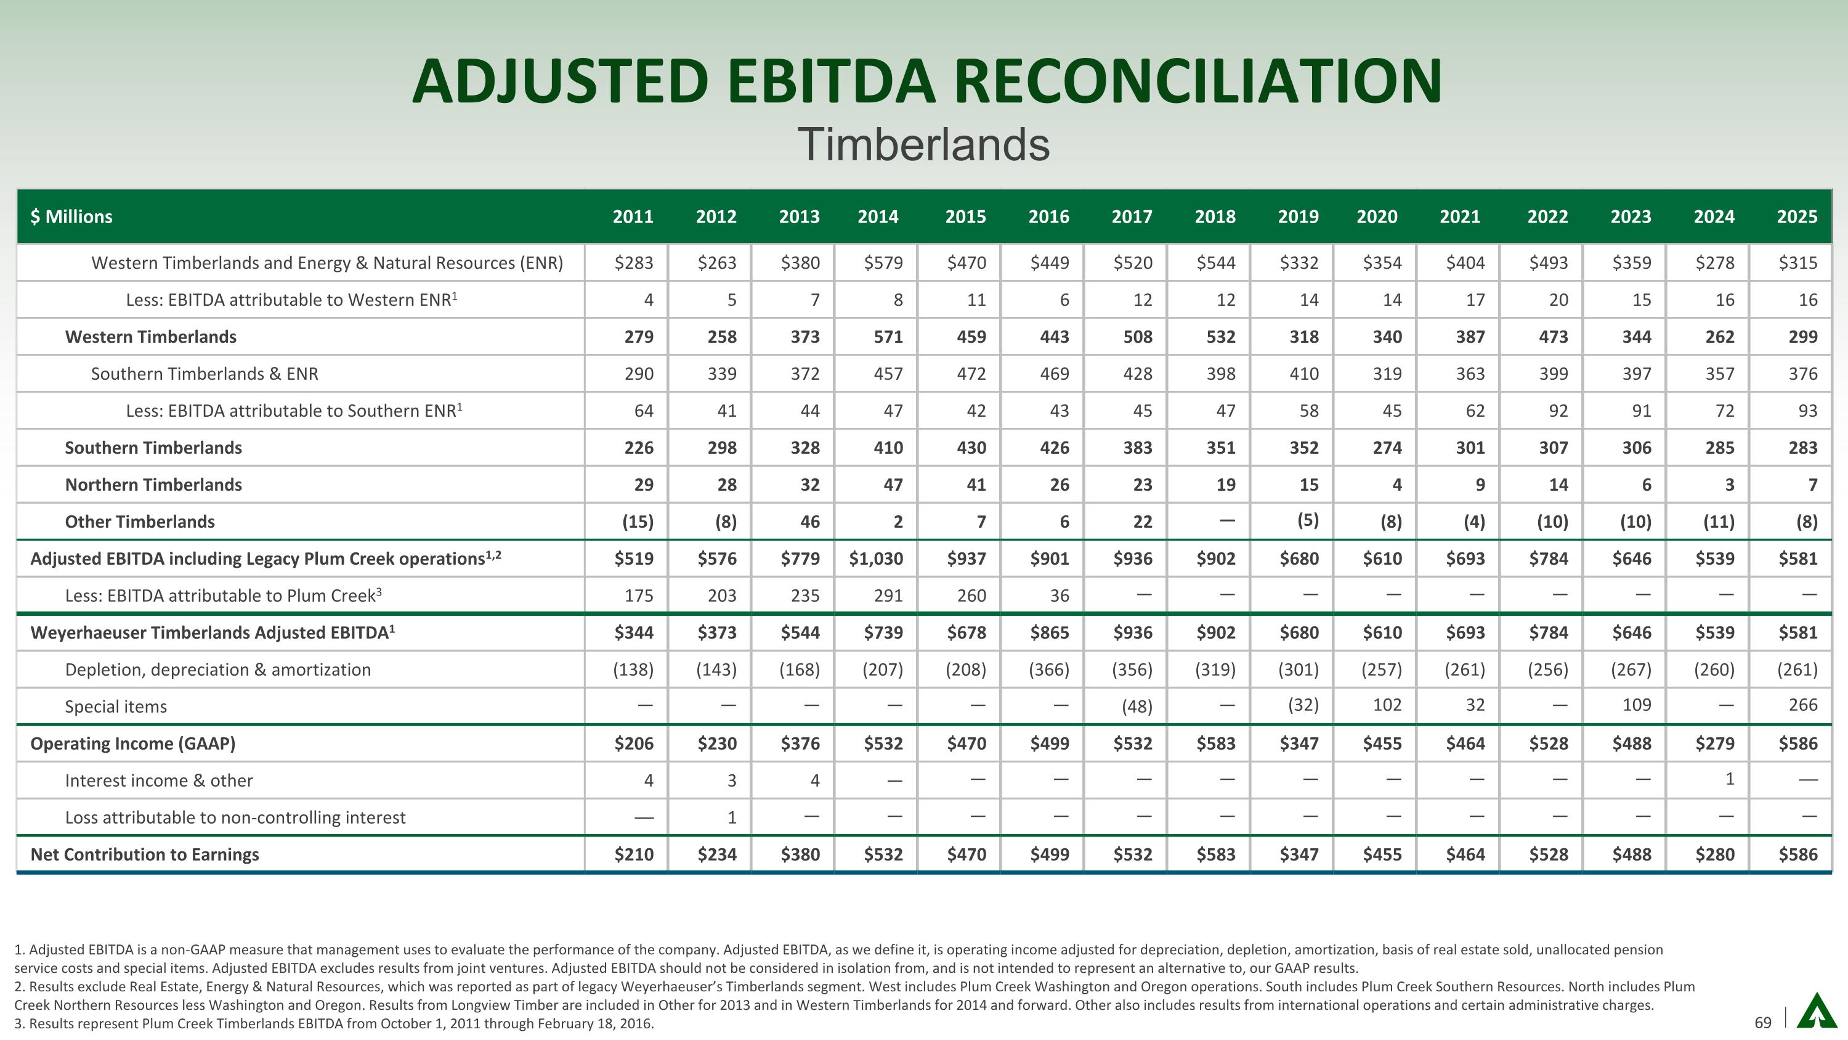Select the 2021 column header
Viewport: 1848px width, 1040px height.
pyautogui.click(x=1459, y=217)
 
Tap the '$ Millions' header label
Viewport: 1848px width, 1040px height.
pyautogui.click(x=71, y=217)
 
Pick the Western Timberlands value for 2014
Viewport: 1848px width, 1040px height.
pyautogui.click(x=888, y=337)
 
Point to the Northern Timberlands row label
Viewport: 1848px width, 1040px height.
pyautogui.click(x=153, y=485)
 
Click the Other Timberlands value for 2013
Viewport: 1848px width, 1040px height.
pyautogui.click(x=809, y=522)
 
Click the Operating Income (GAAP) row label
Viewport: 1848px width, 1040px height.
pyautogui.click(x=132, y=743)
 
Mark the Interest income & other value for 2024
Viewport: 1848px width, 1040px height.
pyautogui.click(x=1729, y=779)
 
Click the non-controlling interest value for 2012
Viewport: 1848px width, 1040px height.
pyautogui.click(x=731, y=817)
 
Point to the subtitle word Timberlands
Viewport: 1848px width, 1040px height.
pyautogui.click(x=923, y=144)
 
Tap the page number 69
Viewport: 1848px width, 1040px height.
pyautogui.click(x=1762, y=1022)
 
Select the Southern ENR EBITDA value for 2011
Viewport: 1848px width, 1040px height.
pyautogui.click(x=644, y=411)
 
